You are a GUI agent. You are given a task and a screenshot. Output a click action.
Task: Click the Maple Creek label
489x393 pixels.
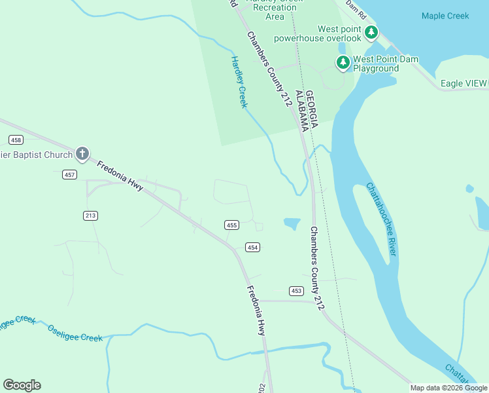[x=445, y=16]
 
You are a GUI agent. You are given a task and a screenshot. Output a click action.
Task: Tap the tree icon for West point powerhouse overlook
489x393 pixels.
[x=371, y=31]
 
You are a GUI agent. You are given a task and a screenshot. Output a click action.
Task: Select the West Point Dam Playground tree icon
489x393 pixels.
[x=343, y=62]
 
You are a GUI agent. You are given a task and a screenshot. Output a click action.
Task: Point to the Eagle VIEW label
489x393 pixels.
[x=464, y=83]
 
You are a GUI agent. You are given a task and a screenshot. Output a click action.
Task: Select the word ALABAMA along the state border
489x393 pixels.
[x=301, y=111]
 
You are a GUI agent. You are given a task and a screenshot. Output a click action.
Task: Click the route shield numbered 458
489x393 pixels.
[x=16, y=140]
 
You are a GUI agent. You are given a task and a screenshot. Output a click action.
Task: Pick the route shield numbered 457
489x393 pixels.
[x=70, y=174]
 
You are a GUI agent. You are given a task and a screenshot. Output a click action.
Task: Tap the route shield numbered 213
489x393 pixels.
[x=91, y=215]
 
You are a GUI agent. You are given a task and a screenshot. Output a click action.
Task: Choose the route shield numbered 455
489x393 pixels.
[x=231, y=225]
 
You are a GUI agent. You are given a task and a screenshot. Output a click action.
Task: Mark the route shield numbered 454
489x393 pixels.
[x=253, y=247]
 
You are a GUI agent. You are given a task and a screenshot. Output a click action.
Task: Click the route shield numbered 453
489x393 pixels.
[x=297, y=290]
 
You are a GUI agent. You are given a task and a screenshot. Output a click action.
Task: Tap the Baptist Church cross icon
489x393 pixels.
[x=82, y=154]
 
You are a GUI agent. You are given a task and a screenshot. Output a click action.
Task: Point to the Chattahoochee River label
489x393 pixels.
[x=381, y=219]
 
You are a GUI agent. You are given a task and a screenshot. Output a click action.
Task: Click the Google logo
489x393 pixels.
[x=22, y=385]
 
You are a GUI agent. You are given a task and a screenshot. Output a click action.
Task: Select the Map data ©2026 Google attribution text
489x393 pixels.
[x=448, y=388]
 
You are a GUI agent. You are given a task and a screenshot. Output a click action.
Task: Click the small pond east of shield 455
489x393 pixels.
[x=292, y=223]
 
